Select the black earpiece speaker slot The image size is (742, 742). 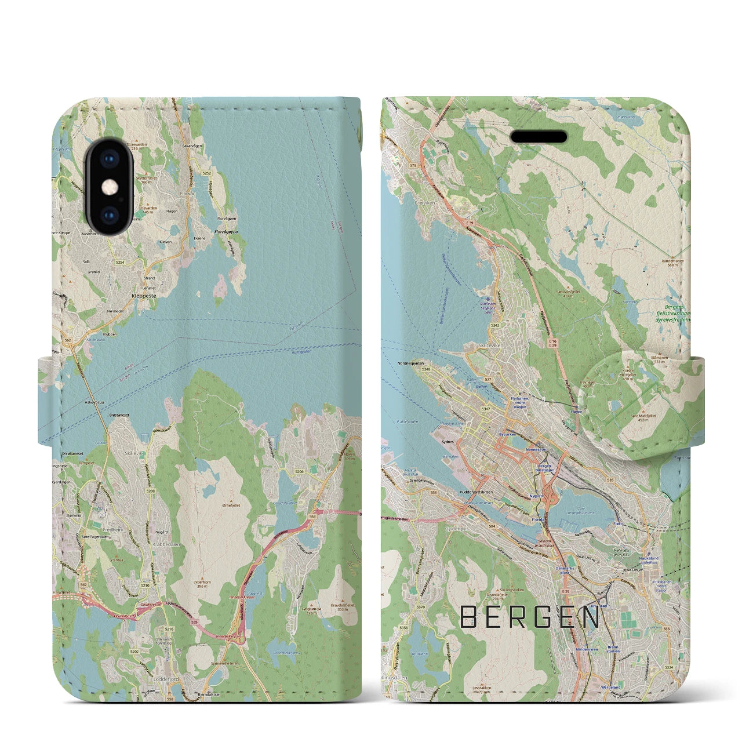(538, 137)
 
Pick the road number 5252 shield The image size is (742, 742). (207, 173)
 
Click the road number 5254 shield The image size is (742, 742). (120, 263)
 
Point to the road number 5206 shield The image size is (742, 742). (299, 472)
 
